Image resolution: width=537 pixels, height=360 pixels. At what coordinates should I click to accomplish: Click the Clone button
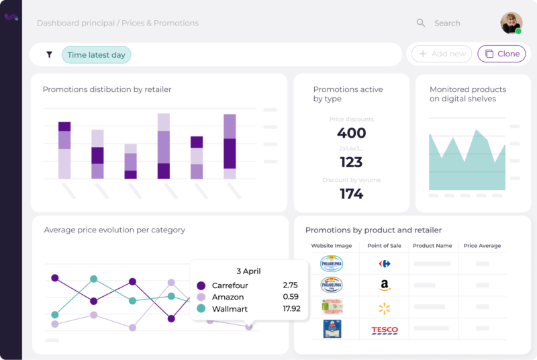pos(501,54)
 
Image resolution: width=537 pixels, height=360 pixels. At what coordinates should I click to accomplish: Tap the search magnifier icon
pos(421,23)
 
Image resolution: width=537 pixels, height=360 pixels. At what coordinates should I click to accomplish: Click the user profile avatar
pos(511,23)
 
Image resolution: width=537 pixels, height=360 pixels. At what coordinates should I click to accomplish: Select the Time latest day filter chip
pos(96,54)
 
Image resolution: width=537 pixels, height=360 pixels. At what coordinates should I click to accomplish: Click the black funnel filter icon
pos(49,54)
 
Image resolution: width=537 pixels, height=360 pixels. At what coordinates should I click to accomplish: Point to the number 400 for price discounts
pos(351,133)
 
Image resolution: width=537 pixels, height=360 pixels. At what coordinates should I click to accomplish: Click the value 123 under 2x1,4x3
pos(351,162)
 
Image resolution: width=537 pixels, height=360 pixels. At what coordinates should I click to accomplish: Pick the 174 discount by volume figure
pos(351,194)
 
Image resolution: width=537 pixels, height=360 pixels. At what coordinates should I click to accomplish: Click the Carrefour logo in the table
pos(384,264)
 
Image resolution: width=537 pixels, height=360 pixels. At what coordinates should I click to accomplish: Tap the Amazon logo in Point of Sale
pos(384,285)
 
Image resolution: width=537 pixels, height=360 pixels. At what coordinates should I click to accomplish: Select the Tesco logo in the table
pos(384,330)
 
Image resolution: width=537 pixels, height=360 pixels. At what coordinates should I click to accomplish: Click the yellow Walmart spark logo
pos(384,308)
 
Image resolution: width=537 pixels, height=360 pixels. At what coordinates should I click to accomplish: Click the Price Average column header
pos(482,246)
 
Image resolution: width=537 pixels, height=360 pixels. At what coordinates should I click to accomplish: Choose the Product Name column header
pos(432,246)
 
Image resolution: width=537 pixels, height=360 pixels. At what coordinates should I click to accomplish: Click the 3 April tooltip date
pos(248,271)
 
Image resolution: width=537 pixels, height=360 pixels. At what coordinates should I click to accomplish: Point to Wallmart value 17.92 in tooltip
pos(291,309)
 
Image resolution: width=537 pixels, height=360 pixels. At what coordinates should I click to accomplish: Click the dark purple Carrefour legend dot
pos(201,285)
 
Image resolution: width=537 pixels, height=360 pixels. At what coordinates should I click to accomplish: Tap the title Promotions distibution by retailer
pos(107,89)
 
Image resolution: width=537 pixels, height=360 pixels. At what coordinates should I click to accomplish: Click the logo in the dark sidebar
pos(11,17)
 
